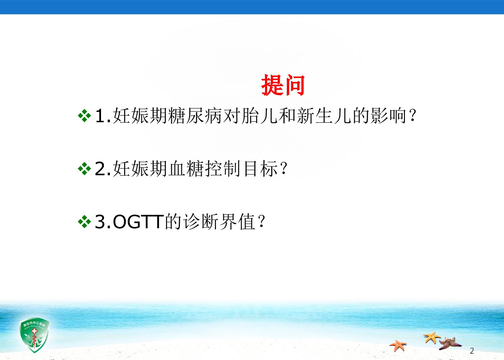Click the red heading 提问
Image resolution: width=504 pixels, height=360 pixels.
coord(283,85)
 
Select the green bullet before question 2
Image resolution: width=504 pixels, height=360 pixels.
coord(84,169)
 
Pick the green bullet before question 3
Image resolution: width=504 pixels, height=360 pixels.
coord(84,222)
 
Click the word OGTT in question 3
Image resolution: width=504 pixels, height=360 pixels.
coord(138,222)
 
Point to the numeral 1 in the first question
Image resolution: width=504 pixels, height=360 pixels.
coord(100,116)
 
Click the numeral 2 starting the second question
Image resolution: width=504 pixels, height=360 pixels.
coord(100,169)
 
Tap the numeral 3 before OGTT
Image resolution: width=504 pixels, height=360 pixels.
coord(100,222)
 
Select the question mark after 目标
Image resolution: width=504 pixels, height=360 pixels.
coord(284,169)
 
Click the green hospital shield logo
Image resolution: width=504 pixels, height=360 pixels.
coord(34,335)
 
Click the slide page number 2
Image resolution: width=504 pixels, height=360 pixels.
coord(472,351)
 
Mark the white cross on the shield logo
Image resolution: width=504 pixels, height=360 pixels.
coord(34,331)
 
